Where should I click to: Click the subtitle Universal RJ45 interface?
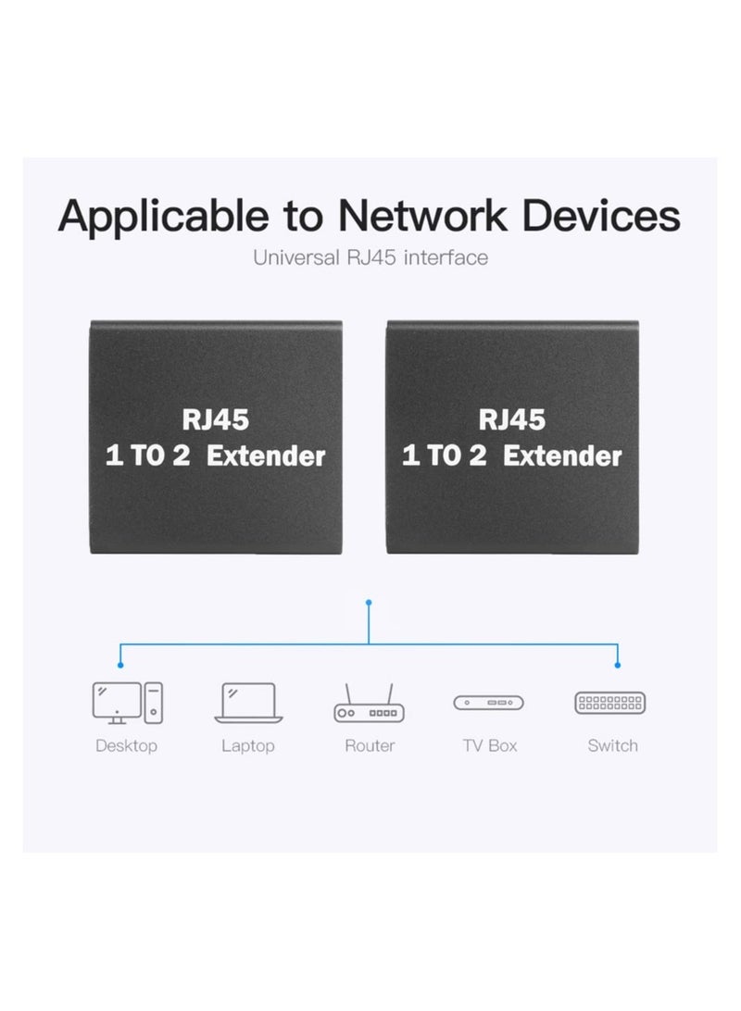(370, 257)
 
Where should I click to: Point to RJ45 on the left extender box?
(216, 420)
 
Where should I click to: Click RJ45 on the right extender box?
(511, 420)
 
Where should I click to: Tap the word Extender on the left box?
(277, 456)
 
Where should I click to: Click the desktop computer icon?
(127, 703)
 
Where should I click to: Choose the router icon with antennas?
(370, 705)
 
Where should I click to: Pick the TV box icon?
(488, 704)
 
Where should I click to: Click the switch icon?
(611, 703)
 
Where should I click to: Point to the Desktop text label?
(127, 745)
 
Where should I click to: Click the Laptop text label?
(247, 745)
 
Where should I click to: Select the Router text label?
(370, 745)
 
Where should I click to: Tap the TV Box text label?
(490, 745)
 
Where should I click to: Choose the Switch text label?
(612, 745)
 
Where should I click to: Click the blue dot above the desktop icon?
(119, 664)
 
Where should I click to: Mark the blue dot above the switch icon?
(619, 664)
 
